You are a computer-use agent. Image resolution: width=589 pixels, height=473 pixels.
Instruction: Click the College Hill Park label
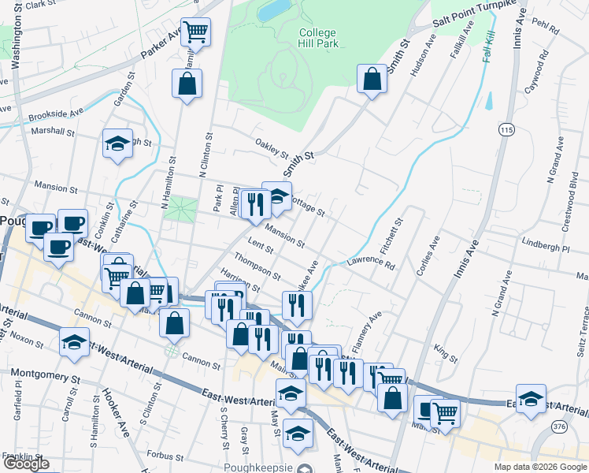tap(318, 38)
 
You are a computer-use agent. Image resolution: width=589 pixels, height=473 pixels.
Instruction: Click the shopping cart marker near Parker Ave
tap(195, 33)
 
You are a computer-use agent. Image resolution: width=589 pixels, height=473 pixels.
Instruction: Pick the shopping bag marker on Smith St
tap(372, 79)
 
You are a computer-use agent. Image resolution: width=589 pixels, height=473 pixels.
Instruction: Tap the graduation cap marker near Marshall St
tap(117, 144)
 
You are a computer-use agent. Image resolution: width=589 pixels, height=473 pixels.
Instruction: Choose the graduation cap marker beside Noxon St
tap(74, 343)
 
